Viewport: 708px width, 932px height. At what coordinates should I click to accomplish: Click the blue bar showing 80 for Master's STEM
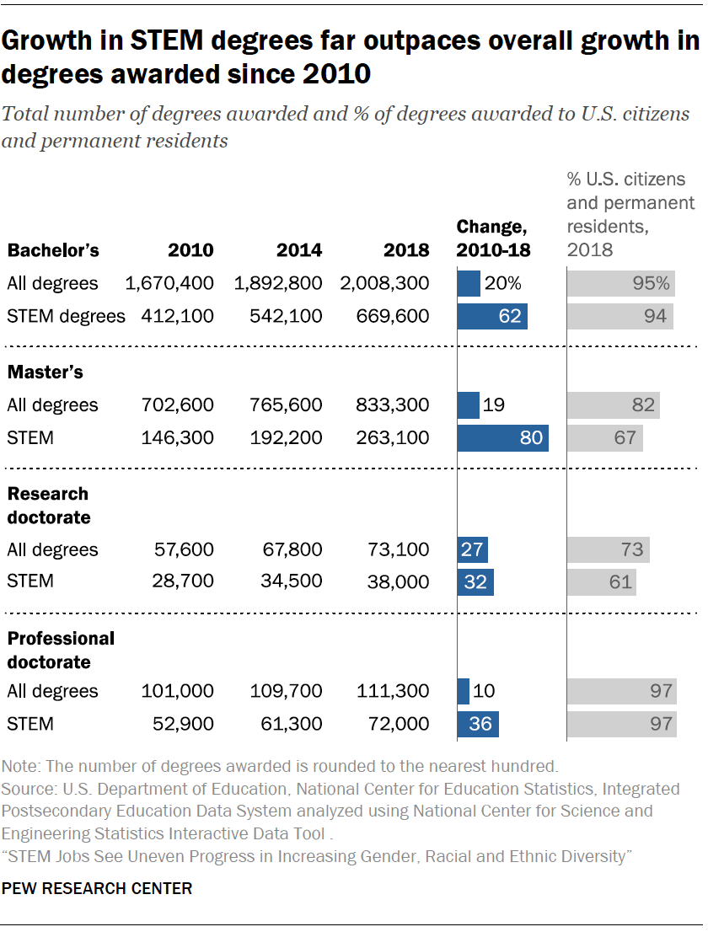pyautogui.click(x=502, y=437)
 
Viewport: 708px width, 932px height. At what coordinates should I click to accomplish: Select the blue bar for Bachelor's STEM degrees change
pyautogui.click(x=492, y=316)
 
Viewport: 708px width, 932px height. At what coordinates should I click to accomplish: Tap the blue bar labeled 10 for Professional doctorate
pyautogui.click(x=463, y=691)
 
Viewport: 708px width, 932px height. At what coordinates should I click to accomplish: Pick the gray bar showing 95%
pyautogui.click(x=621, y=283)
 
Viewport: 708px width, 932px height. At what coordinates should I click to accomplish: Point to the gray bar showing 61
pyautogui.click(x=601, y=581)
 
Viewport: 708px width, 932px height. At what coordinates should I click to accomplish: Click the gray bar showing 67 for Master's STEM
pyautogui.click(x=604, y=437)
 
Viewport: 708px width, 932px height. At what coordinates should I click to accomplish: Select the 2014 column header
pyautogui.click(x=299, y=250)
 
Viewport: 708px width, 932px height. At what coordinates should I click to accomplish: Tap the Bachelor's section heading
pyautogui.click(x=53, y=250)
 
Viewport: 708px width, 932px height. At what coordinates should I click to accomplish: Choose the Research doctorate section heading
pyautogui.click(x=48, y=505)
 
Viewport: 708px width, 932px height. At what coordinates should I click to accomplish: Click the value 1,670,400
pyautogui.click(x=169, y=283)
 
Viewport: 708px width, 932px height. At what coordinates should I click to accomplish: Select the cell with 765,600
pyautogui.click(x=286, y=405)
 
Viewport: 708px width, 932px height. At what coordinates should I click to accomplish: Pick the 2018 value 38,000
pyautogui.click(x=399, y=581)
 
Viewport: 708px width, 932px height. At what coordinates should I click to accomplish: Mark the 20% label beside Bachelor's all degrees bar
pyautogui.click(x=501, y=283)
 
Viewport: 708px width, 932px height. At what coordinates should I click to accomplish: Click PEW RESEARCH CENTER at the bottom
pyautogui.click(x=97, y=888)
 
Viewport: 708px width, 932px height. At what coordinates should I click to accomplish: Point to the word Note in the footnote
pyautogui.click(x=19, y=767)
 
